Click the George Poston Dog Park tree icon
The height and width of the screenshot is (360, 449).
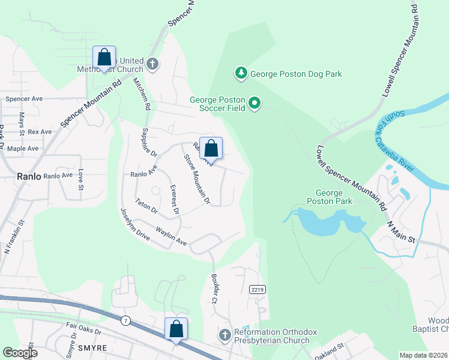coord(241,73)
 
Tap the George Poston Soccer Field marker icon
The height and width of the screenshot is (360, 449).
coord(255,104)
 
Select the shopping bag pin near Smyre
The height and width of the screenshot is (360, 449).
coord(176,329)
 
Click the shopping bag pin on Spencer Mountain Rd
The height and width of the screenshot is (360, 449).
coord(104,58)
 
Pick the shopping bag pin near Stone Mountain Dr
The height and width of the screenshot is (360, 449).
coord(211,149)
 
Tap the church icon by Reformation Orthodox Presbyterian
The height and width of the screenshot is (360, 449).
coord(225,334)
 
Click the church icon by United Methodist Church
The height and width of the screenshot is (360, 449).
coord(152,64)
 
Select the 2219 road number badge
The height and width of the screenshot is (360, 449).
coord(257,290)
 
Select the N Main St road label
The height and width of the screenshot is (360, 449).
coord(401,231)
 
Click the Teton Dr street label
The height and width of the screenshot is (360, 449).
coord(146,206)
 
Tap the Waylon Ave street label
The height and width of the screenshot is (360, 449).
coord(171,236)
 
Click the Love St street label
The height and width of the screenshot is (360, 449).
coord(80,179)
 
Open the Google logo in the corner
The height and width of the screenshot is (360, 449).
coord(20,353)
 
